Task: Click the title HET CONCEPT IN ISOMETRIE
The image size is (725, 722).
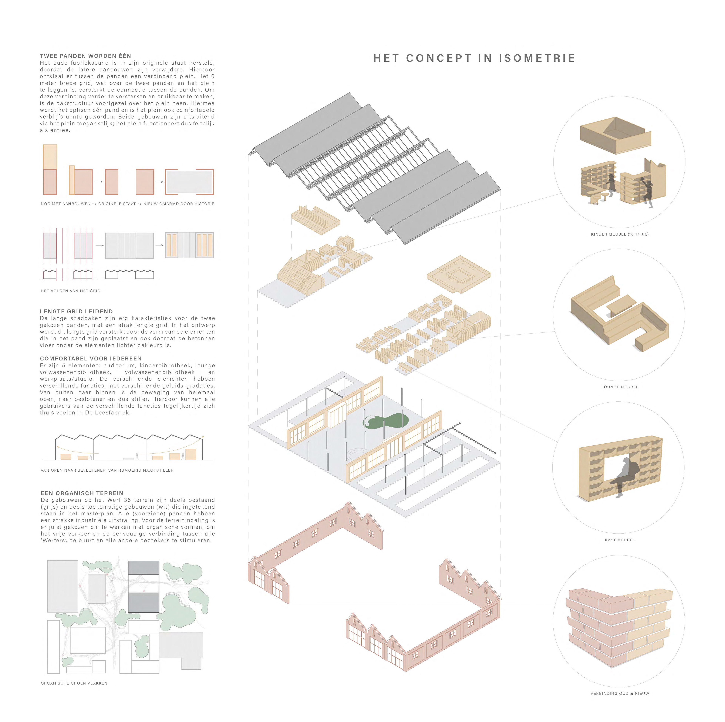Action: pyautogui.click(x=474, y=58)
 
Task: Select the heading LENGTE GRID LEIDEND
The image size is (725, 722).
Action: pyautogui.click(x=76, y=311)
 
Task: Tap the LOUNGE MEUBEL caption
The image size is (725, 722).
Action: pyautogui.click(x=619, y=387)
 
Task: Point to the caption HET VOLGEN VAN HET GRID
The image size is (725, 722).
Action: pyautogui.click(x=71, y=291)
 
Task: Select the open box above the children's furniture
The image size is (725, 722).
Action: pyautogui.click(x=615, y=136)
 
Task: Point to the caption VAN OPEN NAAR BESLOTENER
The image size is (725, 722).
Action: pyautogui.click(x=107, y=470)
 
